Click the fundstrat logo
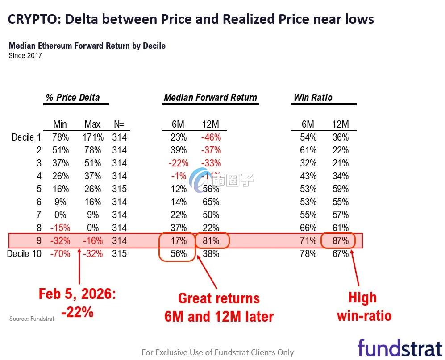399,348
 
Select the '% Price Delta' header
73,98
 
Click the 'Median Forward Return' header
210,98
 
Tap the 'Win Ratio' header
313,98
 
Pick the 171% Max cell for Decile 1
92,137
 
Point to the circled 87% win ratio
340,241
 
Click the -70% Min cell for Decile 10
60,254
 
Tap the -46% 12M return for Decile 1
210,137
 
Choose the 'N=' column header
119,124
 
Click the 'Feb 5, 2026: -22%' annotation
77,303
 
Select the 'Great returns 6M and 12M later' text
219,307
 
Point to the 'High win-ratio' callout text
363,307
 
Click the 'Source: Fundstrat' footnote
32,319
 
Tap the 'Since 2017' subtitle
25,56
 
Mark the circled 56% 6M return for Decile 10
178,254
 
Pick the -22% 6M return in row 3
178,163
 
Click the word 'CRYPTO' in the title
32,19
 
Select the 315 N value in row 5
120,189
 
